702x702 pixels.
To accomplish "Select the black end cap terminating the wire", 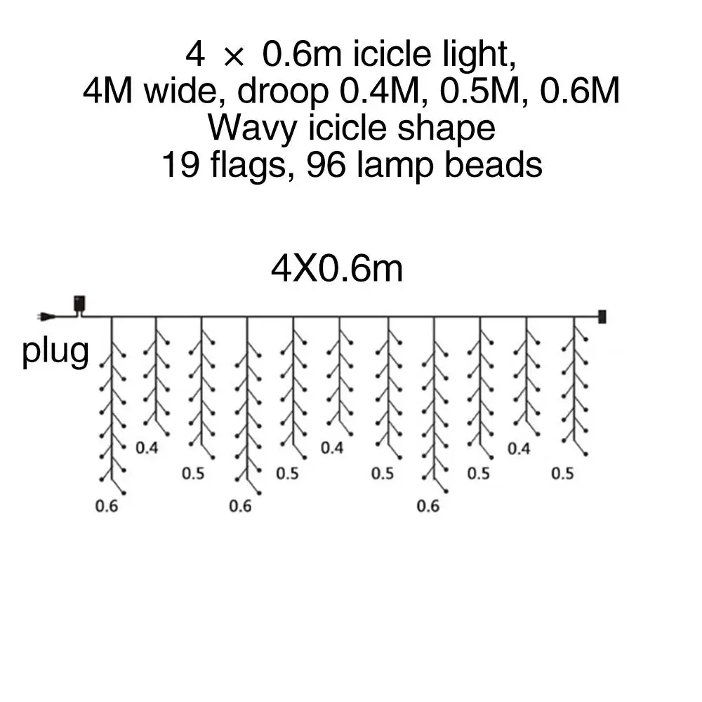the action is click(602, 317).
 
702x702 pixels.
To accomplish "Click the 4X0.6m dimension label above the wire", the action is click(337, 269).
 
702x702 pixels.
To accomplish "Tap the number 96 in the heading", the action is click(326, 166).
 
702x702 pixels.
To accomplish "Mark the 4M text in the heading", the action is click(105, 91).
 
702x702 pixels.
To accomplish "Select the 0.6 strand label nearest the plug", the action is click(107, 505).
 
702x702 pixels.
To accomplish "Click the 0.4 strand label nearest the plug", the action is click(146, 448).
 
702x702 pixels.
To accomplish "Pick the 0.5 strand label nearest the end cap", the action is click(562, 474).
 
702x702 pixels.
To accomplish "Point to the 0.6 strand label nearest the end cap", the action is click(428, 505).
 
